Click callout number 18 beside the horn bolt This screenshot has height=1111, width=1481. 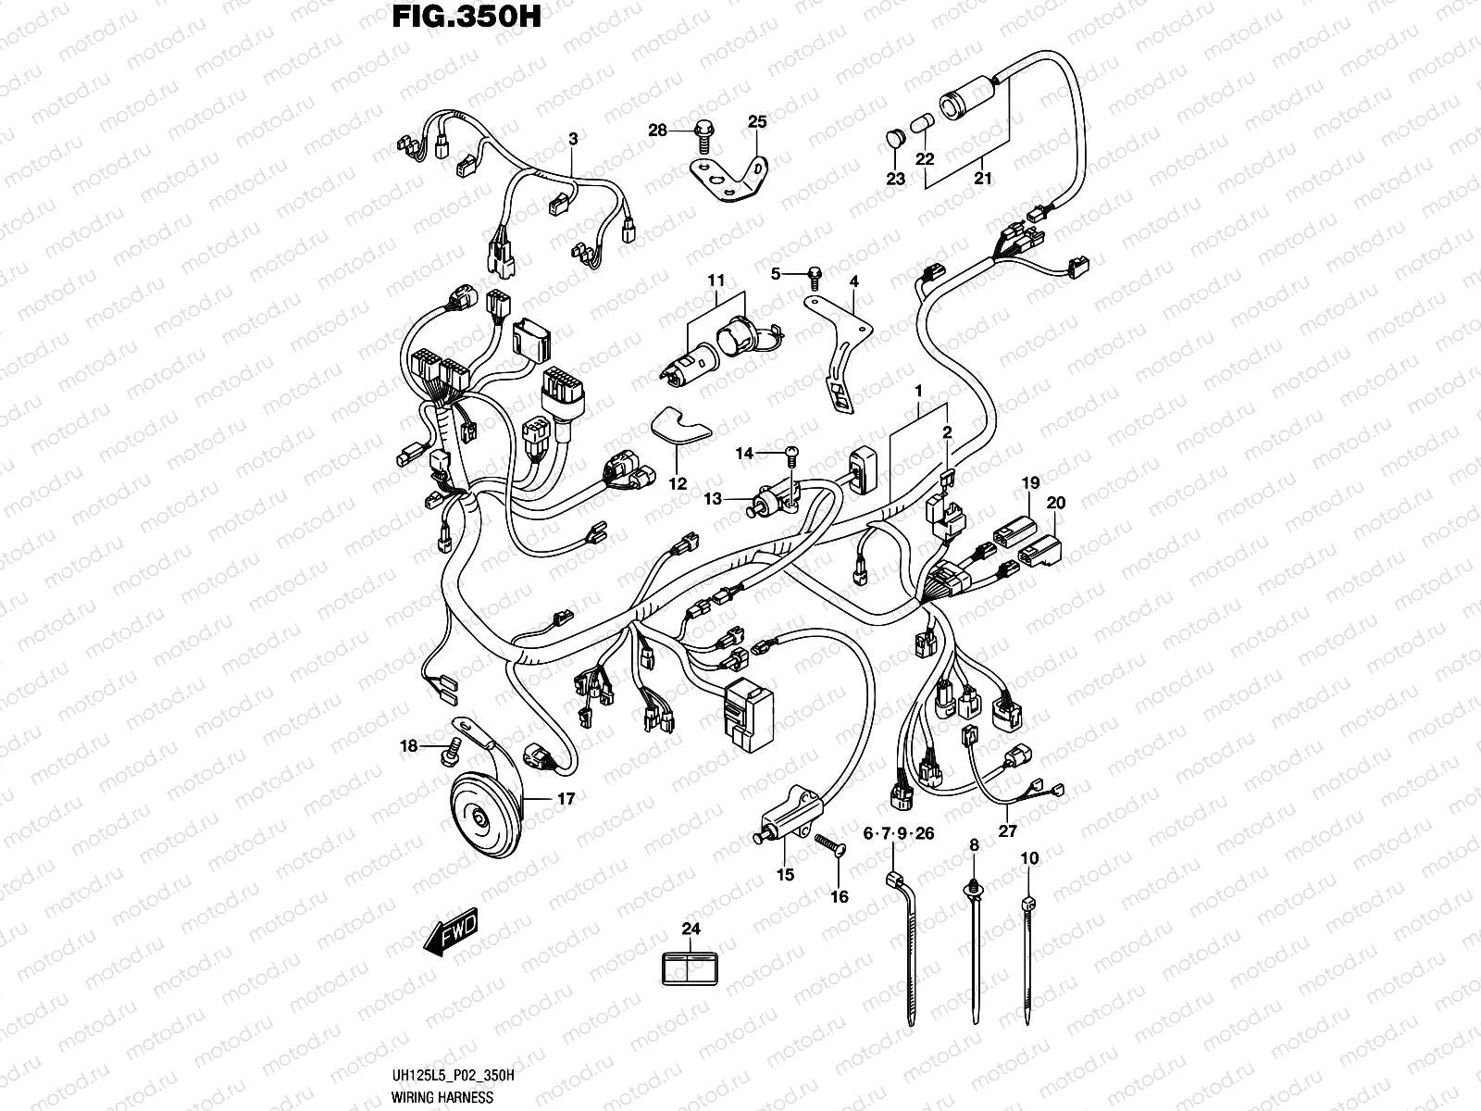[408, 746]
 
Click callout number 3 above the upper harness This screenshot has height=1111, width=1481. [573, 139]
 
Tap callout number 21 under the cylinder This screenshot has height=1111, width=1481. [982, 179]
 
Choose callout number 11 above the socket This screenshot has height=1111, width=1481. [716, 281]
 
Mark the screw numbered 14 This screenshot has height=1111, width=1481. [790, 453]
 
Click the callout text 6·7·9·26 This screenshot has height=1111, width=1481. [898, 834]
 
